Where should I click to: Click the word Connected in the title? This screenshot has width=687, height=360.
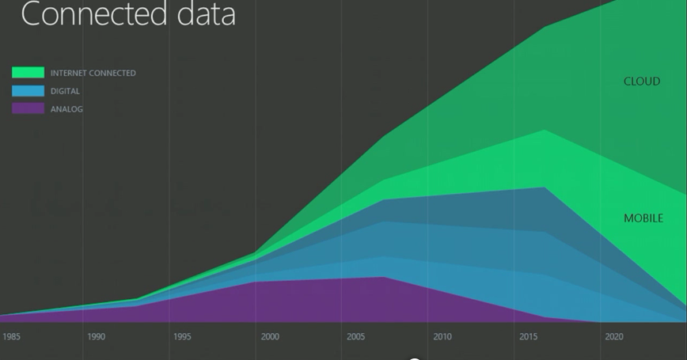[x=93, y=13]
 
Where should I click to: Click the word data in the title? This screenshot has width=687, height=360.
[x=207, y=13]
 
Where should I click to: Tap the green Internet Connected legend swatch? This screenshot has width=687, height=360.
[x=28, y=73]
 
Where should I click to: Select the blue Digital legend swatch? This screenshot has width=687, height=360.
[x=28, y=91]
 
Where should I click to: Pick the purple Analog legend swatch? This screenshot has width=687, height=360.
[x=28, y=108]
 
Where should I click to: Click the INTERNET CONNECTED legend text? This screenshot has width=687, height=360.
[x=93, y=73]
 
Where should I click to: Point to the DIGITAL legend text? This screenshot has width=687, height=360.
[x=65, y=91]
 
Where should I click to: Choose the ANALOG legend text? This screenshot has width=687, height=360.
[x=66, y=109]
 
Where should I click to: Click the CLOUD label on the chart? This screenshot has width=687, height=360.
[x=642, y=81]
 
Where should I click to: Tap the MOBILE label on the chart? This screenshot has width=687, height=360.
[x=643, y=218]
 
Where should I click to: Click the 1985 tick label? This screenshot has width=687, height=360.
[x=11, y=336]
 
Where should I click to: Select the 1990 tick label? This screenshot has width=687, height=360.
[x=96, y=336]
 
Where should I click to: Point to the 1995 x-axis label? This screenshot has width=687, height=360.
[x=182, y=336]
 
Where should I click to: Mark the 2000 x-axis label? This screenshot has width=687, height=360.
[x=270, y=336]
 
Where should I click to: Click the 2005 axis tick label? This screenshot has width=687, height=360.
[x=356, y=336]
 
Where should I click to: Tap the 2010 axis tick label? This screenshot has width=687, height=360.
[x=442, y=336]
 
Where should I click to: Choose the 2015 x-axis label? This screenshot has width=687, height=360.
[x=529, y=336]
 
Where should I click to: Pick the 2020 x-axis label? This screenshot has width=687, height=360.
[x=614, y=336]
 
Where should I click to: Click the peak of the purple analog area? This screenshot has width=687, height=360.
[x=384, y=277]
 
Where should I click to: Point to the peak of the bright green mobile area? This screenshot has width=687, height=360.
[x=545, y=130]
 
